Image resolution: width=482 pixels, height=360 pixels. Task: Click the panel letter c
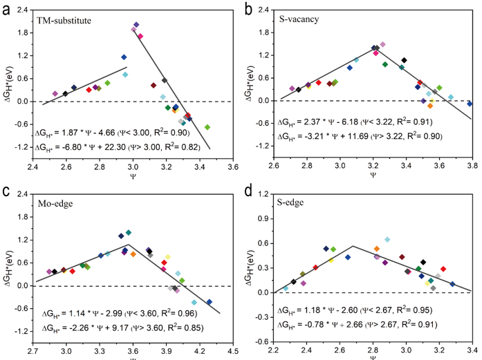pyautogui.click(x=6, y=191)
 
